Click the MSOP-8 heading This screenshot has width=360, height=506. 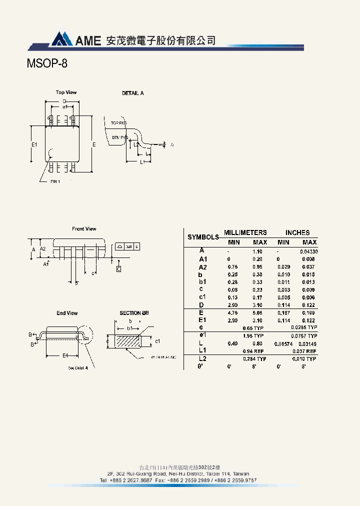[46, 64]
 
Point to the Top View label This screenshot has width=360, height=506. [66, 92]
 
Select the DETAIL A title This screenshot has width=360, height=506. [133, 93]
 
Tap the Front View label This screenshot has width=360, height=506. [84, 229]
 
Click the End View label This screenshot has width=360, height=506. [67, 313]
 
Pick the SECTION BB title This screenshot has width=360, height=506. [134, 313]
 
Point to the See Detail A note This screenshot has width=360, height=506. [78, 368]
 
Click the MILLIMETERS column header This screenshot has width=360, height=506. [245, 232]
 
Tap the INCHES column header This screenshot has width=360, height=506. [297, 232]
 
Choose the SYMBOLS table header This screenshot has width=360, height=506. [203, 237]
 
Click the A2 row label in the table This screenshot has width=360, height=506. [202, 267]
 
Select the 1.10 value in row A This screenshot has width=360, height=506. [257, 251]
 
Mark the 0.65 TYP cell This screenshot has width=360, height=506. [253, 328]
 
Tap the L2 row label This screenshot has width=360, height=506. [202, 358]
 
